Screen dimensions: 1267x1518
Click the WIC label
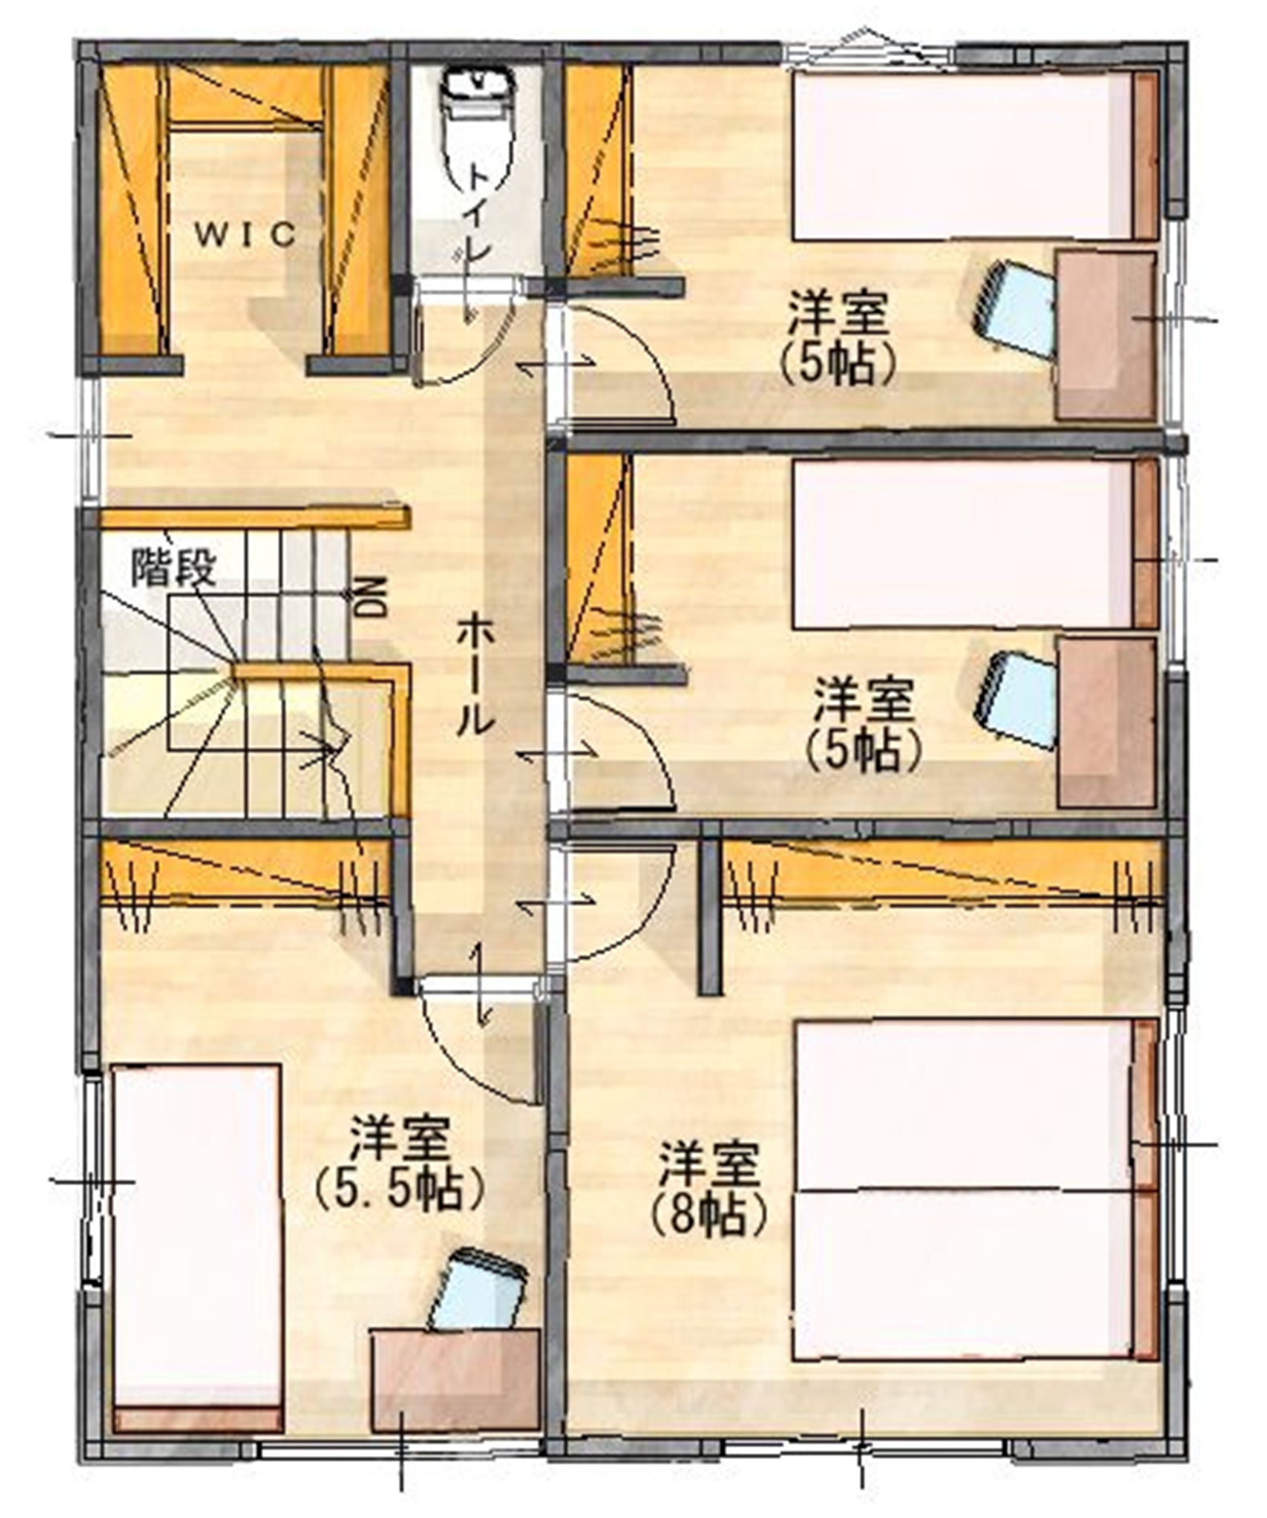point(245,235)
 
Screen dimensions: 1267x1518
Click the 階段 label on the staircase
point(174,567)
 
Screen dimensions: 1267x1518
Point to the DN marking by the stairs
point(370,596)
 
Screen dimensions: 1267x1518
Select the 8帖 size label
point(708,1216)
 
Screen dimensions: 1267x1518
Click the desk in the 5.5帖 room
point(455,1380)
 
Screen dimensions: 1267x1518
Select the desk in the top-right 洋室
point(1106,335)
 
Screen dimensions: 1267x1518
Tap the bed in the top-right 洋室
point(975,155)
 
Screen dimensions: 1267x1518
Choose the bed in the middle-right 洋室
point(975,543)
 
